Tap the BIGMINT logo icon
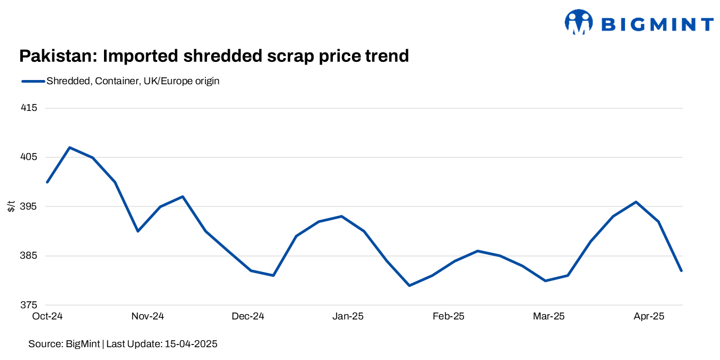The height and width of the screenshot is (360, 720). coord(579,22)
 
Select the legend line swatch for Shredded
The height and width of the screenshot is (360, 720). coord(33,82)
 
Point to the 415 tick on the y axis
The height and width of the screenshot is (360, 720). coord(30,108)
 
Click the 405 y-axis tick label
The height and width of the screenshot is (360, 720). coord(30,157)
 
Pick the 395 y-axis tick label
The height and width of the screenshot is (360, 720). coord(30,206)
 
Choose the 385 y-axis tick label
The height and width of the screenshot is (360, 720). coord(30,256)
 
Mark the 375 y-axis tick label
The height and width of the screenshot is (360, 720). coord(30,305)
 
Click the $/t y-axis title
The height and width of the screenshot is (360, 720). coord(11,206)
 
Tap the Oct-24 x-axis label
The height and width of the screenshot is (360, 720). coord(47,316)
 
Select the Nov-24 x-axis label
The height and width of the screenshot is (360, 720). coord(148,316)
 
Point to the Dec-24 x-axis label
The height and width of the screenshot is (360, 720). coord(248,316)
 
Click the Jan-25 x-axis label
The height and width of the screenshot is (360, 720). coord(348,316)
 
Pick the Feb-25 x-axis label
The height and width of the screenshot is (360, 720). coord(449,316)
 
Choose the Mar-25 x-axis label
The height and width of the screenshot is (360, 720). coord(549,316)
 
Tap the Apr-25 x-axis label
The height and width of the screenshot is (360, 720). coord(649,316)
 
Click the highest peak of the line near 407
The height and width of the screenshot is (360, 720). coord(70,147)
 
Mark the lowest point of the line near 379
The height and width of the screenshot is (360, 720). coord(409,285)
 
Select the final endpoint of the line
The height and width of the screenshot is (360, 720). coord(681,270)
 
